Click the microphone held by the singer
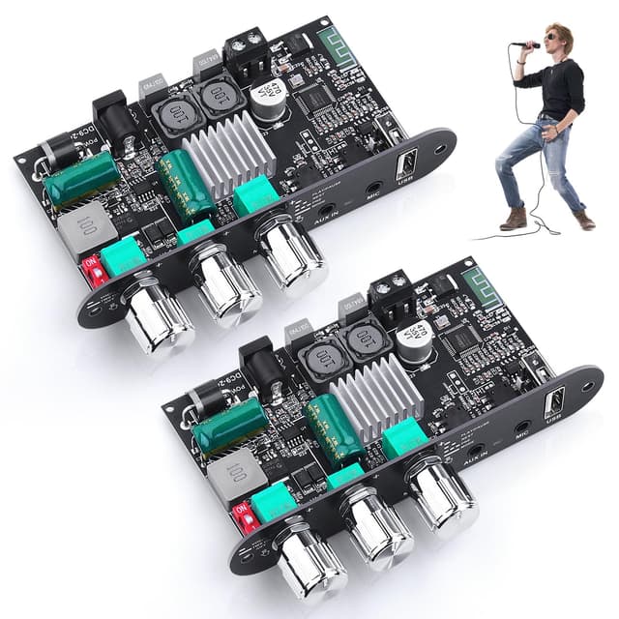tap(525, 44)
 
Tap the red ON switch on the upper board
tap(95, 267)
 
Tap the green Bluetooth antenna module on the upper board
tap(333, 45)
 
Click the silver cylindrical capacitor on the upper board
tap(267, 100)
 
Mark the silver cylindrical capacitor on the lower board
tap(415, 342)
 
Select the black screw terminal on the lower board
tap(394, 297)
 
